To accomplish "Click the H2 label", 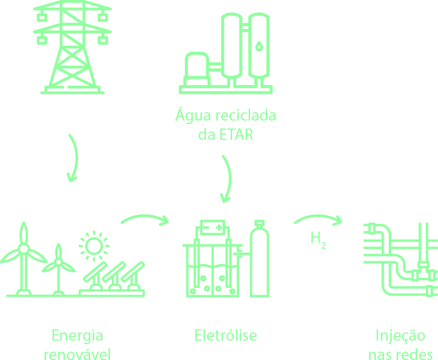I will tap(318, 239).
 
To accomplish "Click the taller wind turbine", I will tap(23, 259).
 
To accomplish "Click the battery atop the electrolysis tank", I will tap(212, 228).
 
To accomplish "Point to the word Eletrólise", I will tap(226, 335).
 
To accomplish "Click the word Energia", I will tap(77, 336).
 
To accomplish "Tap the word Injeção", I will tap(400, 336).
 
